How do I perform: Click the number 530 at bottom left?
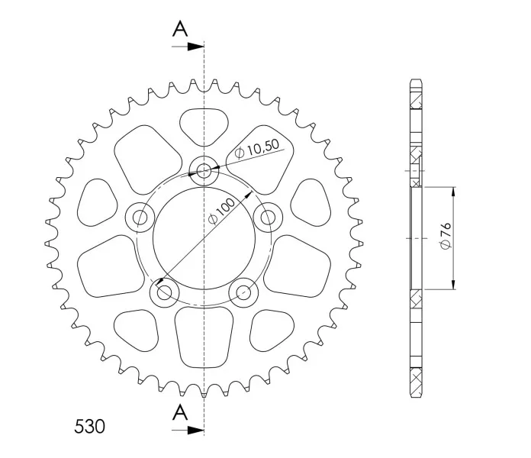(89, 427)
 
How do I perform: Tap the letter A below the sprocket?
(180, 412)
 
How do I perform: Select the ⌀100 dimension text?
(222, 211)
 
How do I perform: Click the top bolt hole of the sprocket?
(204, 169)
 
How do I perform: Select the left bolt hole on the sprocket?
(140, 217)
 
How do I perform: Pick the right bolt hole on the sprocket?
(268, 217)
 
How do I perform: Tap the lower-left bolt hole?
(165, 292)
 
